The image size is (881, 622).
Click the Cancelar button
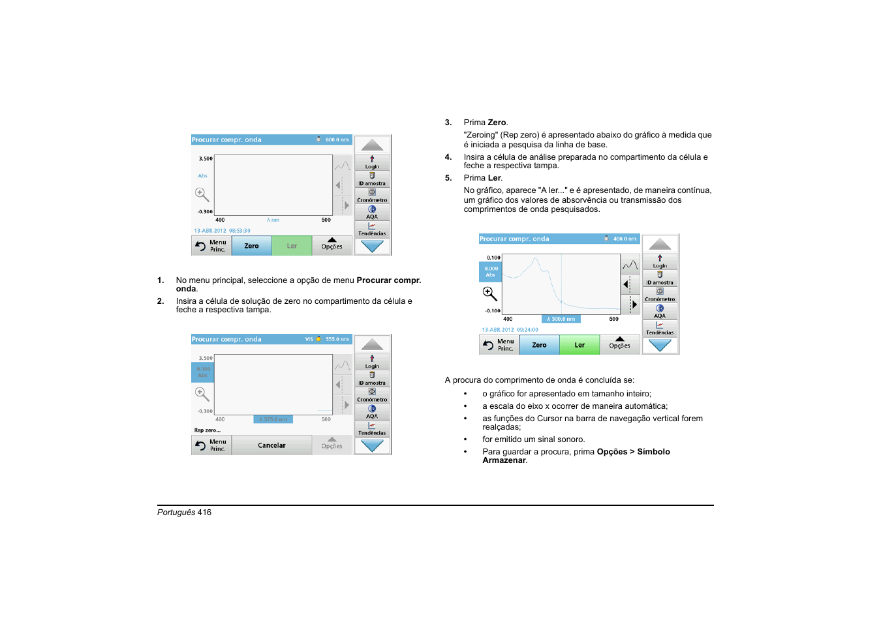pyautogui.click(x=271, y=446)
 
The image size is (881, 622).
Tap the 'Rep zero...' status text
pyautogui.click(x=207, y=430)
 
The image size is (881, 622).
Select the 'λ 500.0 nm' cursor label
pyautogui.click(x=561, y=319)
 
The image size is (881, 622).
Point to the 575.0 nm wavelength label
pyautogui.click(x=273, y=420)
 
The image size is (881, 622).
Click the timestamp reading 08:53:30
pyautogui.click(x=240, y=231)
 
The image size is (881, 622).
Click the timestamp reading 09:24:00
pyautogui.click(x=527, y=330)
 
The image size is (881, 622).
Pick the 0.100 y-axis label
pyautogui.click(x=493, y=258)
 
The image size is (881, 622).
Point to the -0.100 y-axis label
pyautogui.click(x=493, y=311)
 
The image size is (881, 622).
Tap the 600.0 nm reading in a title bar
pyautogui.click(x=337, y=140)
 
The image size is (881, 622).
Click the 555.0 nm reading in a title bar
pyautogui.click(x=337, y=340)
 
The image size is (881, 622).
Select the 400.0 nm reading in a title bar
pyautogui.click(x=625, y=239)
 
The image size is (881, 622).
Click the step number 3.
pyautogui.click(x=448, y=123)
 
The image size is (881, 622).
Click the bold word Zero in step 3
pyautogui.click(x=497, y=123)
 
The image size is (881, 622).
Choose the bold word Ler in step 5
pyautogui.click(x=495, y=178)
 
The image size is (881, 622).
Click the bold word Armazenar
pyautogui.click(x=504, y=460)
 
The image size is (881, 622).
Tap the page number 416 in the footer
pyautogui.click(x=204, y=512)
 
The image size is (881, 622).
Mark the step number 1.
pyautogui.click(x=160, y=280)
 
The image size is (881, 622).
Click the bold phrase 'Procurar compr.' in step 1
pyautogui.click(x=388, y=280)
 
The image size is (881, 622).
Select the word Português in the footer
pyautogui.click(x=176, y=512)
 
